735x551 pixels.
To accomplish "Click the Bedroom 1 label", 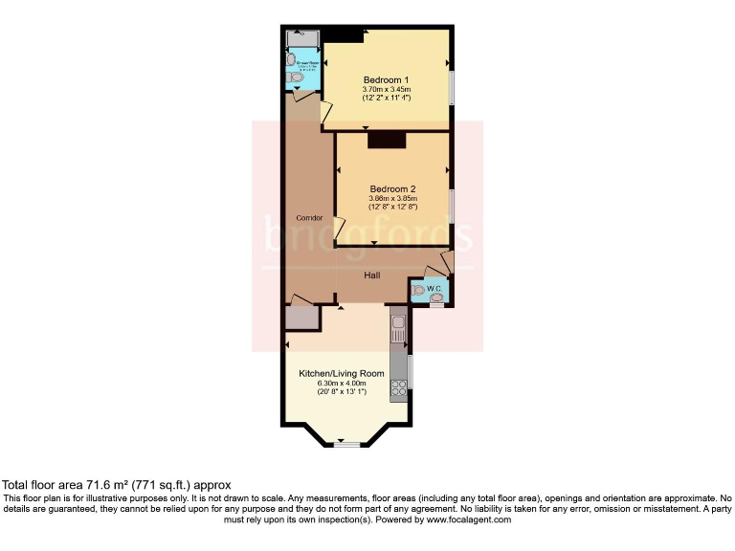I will [x=386, y=78].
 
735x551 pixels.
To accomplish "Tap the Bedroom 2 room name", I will [x=392, y=187].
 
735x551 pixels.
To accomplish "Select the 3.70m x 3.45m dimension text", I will [x=386, y=89].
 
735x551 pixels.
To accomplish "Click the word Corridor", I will [x=309, y=218].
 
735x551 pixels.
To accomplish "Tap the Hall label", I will [x=372, y=275].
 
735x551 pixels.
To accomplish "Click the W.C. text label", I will [x=433, y=287].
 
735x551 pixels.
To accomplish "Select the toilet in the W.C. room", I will [x=417, y=290].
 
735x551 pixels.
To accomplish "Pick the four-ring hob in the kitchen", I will [x=397, y=388].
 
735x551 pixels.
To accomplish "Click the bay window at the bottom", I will [x=346, y=443].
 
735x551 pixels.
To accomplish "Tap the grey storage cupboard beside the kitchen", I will [x=301, y=317].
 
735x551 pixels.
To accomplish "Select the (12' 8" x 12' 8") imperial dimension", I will [x=392, y=208].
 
